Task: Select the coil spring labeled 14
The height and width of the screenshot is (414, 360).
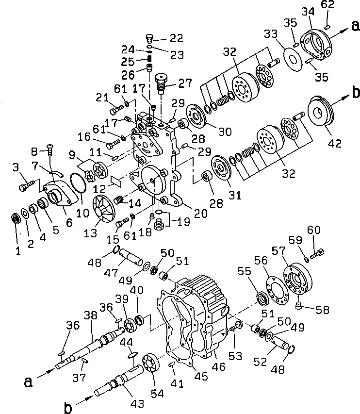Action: click(119, 199)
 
